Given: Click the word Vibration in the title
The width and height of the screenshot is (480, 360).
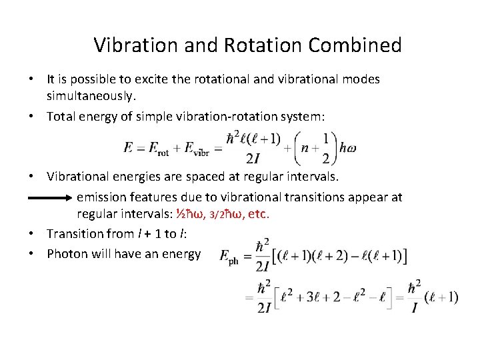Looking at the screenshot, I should (134, 45).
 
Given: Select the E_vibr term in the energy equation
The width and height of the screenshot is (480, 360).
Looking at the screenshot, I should (198, 147).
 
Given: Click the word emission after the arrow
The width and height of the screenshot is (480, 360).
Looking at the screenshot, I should (103, 197).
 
